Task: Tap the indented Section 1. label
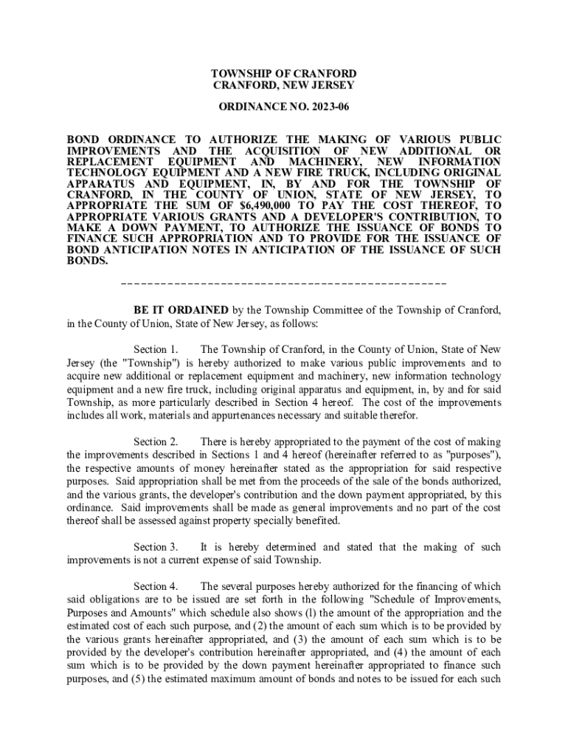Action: click(x=156, y=349)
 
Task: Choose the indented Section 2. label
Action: click(x=156, y=441)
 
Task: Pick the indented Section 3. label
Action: click(x=156, y=547)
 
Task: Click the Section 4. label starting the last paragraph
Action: click(x=156, y=586)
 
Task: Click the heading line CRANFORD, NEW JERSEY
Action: click(x=283, y=86)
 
